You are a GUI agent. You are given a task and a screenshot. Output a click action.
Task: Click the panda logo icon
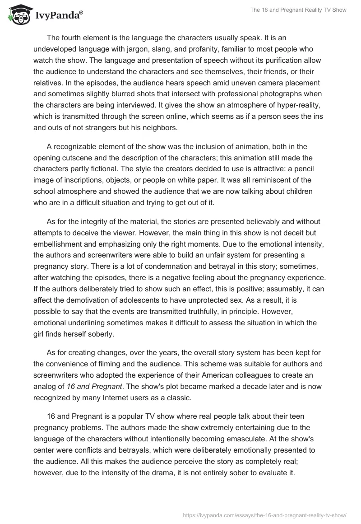pyautogui.click(x=17, y=15)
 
